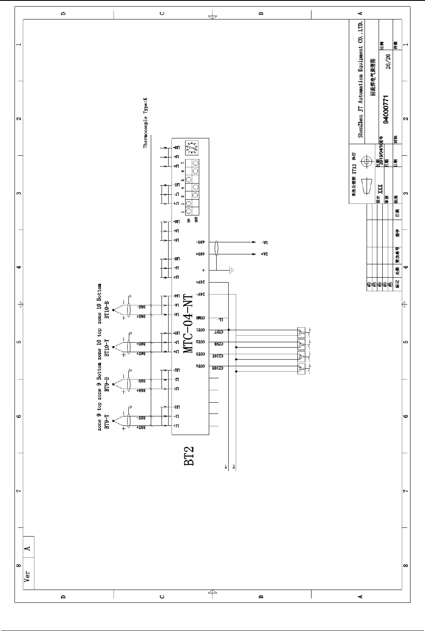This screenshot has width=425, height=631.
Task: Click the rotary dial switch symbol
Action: (192, 147)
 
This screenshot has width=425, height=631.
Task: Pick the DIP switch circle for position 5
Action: (189, 179)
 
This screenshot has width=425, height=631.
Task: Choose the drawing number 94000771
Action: (386, 109)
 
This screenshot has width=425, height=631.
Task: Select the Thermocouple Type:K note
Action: (145, 123)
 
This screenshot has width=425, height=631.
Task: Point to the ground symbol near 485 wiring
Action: (231, 271)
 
